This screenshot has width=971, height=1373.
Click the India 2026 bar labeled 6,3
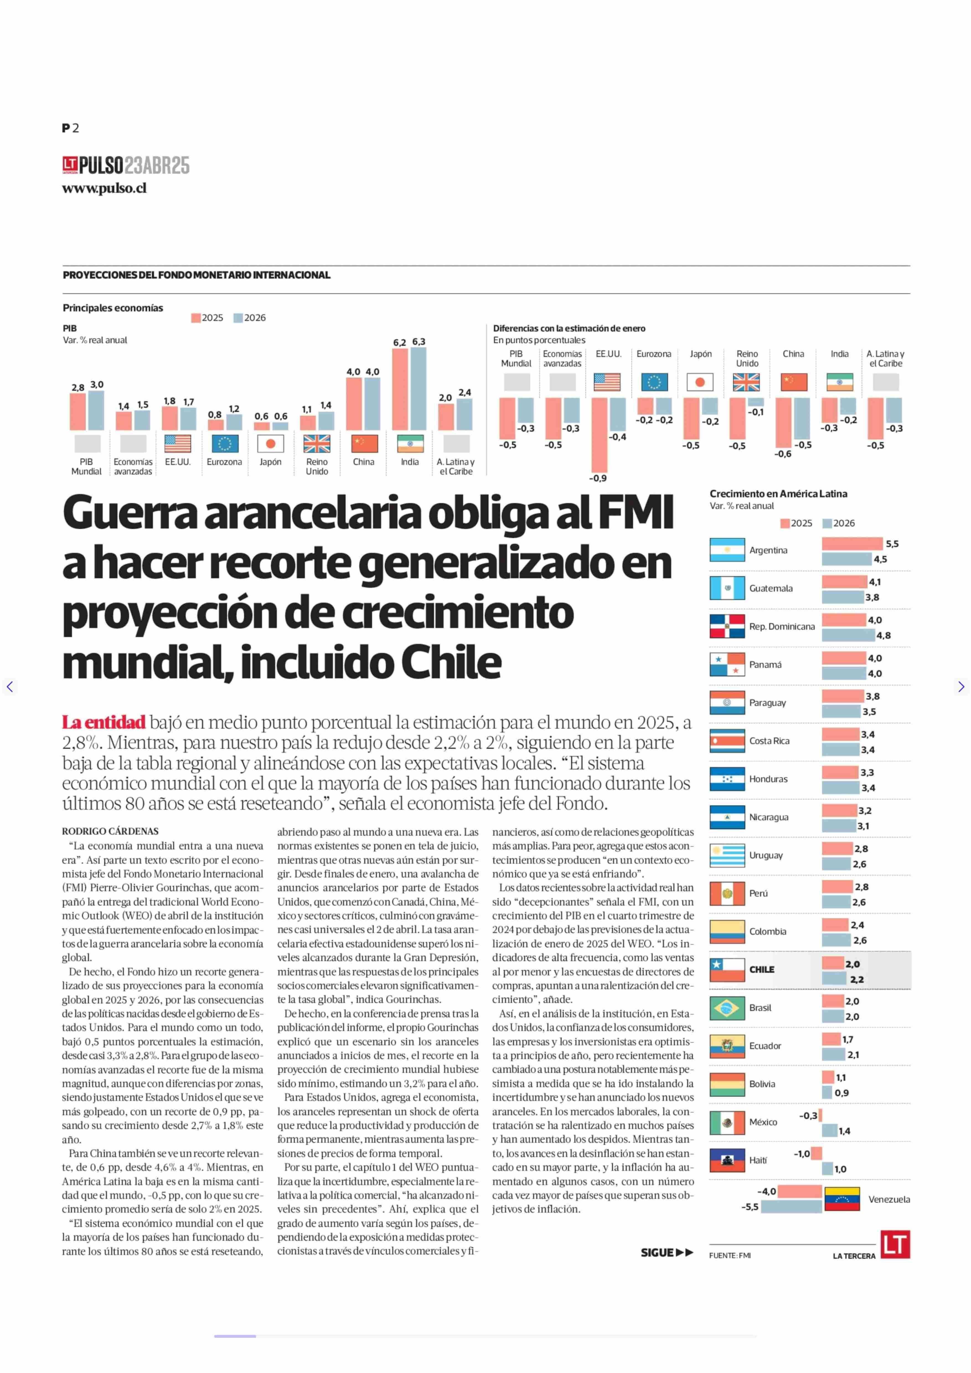(419, 389)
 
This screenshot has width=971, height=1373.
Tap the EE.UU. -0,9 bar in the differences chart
(599, 436)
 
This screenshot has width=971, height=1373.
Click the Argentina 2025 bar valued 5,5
(852, 543)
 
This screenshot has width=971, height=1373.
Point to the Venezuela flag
(842, 1199)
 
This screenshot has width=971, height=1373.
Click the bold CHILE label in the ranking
(762, 969)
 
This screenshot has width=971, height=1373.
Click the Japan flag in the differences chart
(700, 382)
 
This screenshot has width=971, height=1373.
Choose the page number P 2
(71, 128)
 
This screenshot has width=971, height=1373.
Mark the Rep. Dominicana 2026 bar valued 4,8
(848, 635)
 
